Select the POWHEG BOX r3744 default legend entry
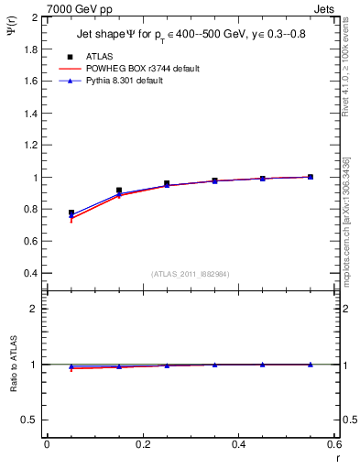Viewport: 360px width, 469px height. pyautogui.click(x=147, y=69)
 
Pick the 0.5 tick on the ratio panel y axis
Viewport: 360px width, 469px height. pyautogui.click(x=31, y=420)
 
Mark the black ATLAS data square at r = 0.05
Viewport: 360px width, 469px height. pyautogui.click(x=71, y=213)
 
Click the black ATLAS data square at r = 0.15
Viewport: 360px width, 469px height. pyautogui.click(x=119, y=191)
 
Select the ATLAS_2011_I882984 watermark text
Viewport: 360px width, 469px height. pyautogui.click(x=190, y=274)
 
